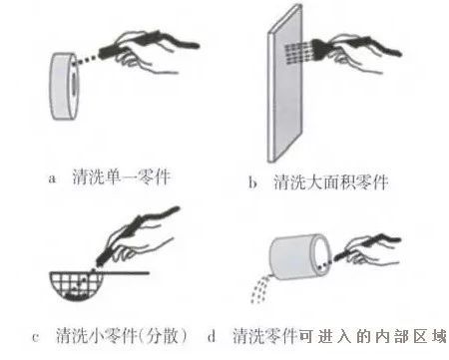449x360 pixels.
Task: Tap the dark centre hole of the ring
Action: (x=73, y=83)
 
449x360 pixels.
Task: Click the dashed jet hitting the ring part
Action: (x=87, y=59)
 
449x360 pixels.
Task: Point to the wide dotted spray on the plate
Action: (x=298, y=52)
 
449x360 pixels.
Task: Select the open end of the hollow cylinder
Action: (x=321, y=256)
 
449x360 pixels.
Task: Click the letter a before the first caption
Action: (x=52, y=179)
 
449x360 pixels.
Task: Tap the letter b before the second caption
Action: (x=252, y=182)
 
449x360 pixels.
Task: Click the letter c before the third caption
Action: (x=36, y=337)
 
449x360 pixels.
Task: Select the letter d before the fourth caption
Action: (x=212, y=336)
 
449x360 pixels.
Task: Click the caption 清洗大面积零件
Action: (x=330, y=182)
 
